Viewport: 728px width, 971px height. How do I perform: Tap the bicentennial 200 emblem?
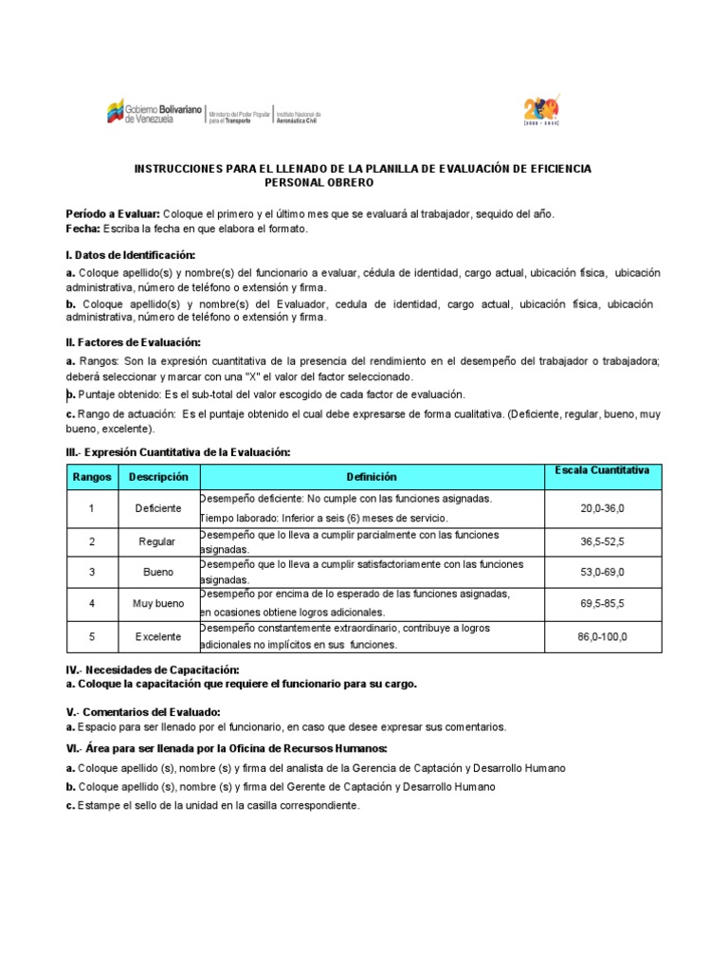541,108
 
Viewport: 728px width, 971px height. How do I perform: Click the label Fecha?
84,229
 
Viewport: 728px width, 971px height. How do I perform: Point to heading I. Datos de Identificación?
131,255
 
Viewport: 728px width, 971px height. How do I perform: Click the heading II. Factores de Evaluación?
134,342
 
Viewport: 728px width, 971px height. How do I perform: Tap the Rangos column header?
92,477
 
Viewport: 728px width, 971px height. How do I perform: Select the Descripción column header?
158,477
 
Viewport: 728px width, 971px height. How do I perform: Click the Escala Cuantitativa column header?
602,470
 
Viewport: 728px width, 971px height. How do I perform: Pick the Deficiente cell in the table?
158,508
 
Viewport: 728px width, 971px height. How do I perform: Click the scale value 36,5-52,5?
602,541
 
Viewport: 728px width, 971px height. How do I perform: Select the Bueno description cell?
158,573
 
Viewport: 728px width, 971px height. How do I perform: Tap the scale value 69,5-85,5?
602,603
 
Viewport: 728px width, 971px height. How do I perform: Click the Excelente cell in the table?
158,636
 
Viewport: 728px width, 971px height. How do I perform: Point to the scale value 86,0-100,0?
602,636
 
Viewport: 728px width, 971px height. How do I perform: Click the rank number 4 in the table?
92,603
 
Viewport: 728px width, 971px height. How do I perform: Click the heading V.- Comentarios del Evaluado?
143,711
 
